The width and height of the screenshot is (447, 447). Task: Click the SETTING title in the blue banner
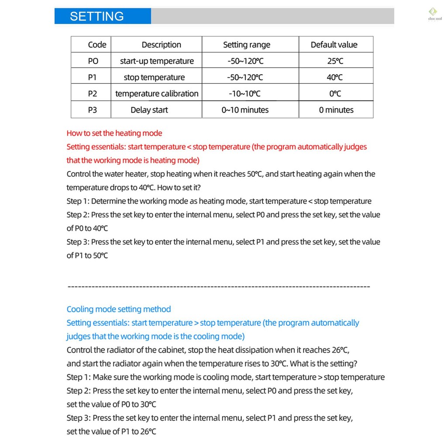point(97,17)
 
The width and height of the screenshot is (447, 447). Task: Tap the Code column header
point(97,45)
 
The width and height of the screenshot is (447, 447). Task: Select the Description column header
point(161,45)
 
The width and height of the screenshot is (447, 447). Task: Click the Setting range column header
point(247,45)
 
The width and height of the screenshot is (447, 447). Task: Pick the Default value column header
point(334,45)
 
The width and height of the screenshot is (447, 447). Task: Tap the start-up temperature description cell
point(157,61)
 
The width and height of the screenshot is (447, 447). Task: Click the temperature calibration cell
point(157,93)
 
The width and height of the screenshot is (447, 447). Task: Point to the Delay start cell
point(149,110)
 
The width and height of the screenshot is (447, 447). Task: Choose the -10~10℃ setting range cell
point(245,93)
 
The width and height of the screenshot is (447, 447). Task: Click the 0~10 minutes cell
point(245,110)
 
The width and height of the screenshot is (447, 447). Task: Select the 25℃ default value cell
point(335,61)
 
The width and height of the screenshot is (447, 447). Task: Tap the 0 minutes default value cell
point(336,110)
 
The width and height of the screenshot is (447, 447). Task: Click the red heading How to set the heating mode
point(114,134)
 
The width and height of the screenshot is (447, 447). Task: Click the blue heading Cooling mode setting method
point(119,309)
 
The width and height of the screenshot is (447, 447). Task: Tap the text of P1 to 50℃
point(87,255)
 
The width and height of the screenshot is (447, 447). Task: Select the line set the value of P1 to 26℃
point(111,432)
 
